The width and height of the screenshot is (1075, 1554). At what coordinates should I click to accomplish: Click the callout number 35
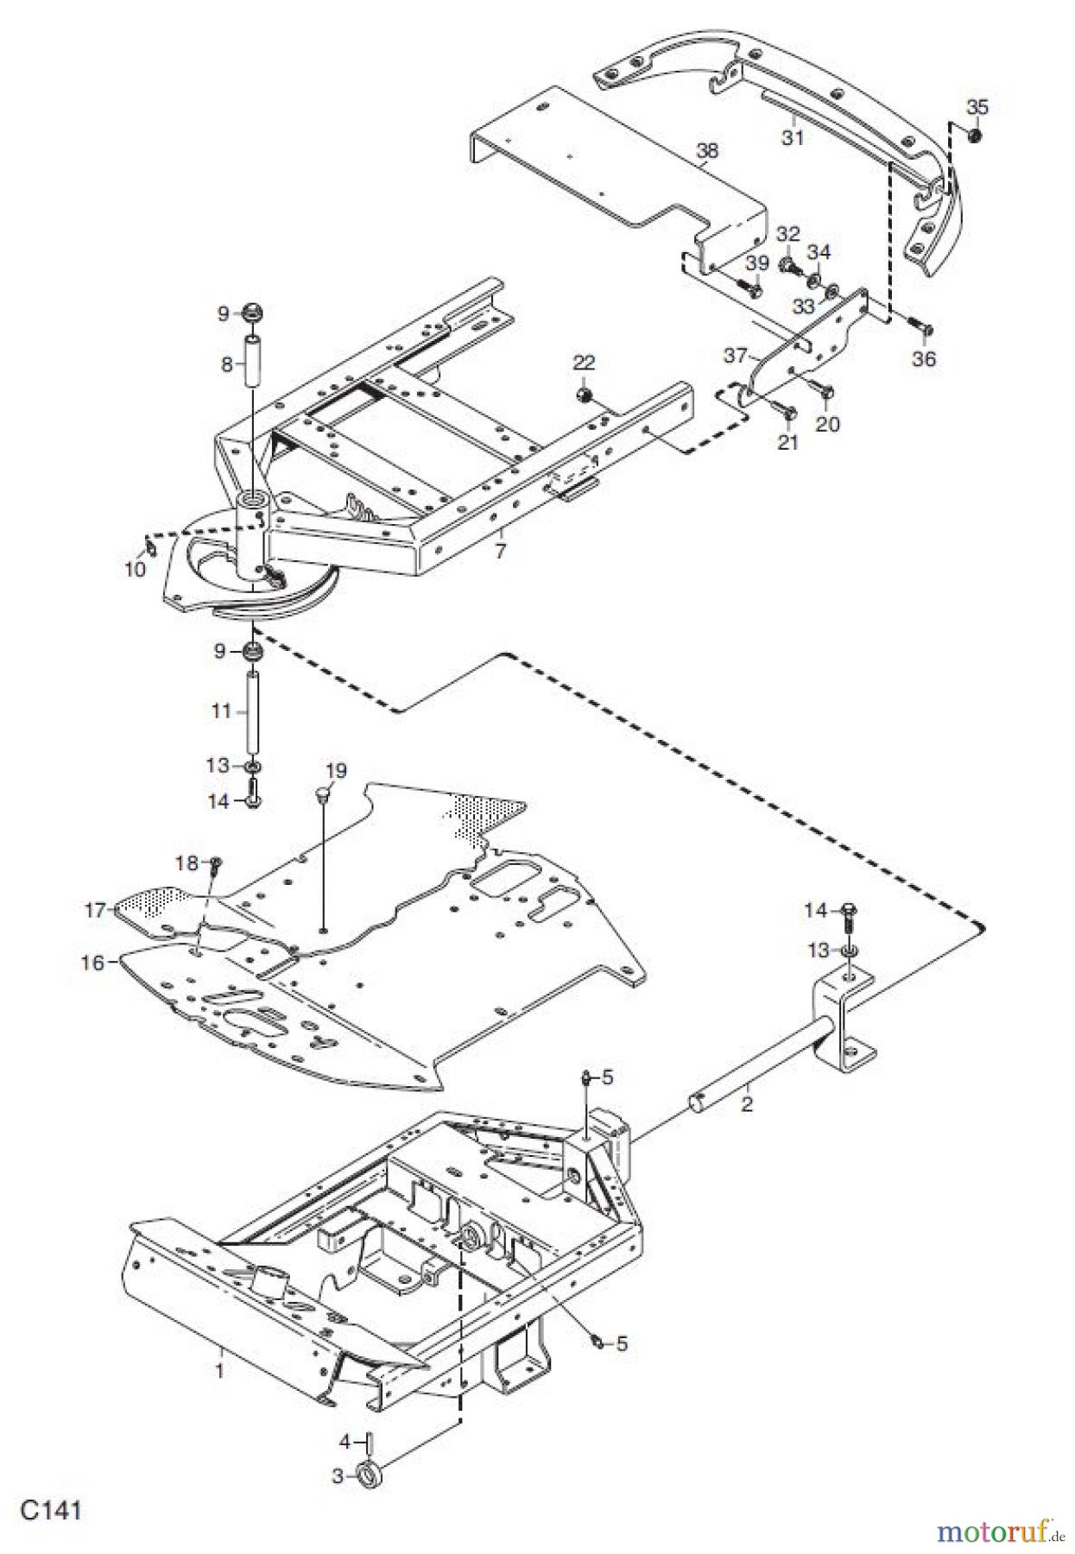(977, 107)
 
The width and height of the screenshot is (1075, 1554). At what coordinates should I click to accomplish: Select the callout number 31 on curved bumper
(793, 136)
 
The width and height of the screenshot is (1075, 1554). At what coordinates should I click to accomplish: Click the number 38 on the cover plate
(707, 150)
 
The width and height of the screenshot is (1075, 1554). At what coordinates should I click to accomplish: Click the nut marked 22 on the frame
(585, 395)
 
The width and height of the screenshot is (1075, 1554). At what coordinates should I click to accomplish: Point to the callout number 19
(335, 769)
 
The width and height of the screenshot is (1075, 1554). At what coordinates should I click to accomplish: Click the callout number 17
(95, 909)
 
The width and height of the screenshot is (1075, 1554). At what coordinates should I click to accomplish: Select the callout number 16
(93, 962)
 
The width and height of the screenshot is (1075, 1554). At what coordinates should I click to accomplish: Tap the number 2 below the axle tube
(747, 1103)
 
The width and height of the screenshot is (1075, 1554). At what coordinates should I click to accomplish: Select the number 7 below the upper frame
(501, 550)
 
